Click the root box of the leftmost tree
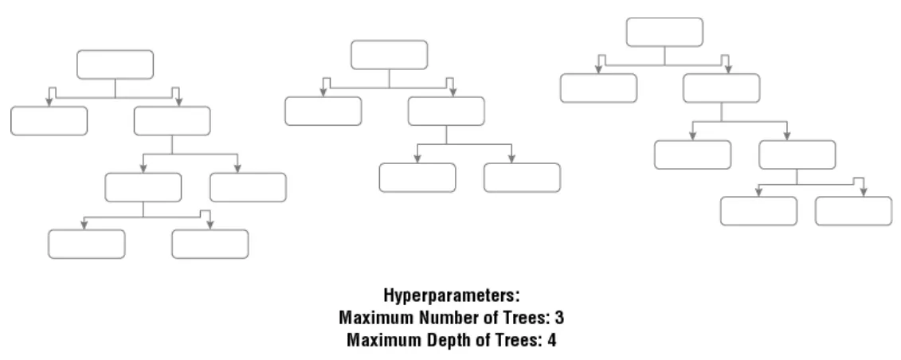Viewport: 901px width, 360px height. coord(115,65)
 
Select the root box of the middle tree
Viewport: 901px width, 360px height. coord(389,54)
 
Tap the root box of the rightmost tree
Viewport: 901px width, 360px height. coord(664,32)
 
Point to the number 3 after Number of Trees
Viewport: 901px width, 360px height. coord(560,318)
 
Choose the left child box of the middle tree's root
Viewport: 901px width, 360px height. coord(323,111)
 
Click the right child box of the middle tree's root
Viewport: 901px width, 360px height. coord(446,111)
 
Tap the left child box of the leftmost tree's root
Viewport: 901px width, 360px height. coord(49,120)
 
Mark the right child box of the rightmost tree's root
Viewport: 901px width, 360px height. coord(721,88)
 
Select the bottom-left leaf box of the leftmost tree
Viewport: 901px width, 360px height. coord(86,244)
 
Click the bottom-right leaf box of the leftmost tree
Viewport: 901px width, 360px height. coord(210,244)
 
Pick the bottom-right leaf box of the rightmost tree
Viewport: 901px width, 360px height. coord(853,211)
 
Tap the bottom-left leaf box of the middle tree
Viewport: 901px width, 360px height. coord(417,178)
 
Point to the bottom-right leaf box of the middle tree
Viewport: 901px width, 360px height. coord(521,178)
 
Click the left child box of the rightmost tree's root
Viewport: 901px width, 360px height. coord(598,88)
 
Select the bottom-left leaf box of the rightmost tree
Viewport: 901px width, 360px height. coord(758,211)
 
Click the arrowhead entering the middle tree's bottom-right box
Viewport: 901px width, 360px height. coord(511,158)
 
